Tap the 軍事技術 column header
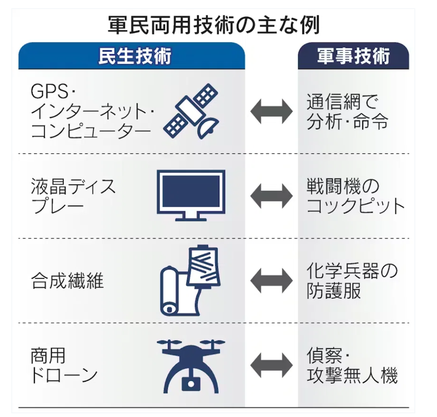[x=353, y=56]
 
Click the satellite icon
[x=191, y=111]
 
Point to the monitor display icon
[x=191, y=195]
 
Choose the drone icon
[x=191, y=366]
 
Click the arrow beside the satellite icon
[x=271, y=111]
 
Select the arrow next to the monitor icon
[x=271, y=196]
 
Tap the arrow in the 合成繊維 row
[x=271, y=281]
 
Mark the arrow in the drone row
[x=271, y=365]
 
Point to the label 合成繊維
[x=67, y=281]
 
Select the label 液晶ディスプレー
[x=73, y=196]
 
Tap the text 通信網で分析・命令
[x=347, y=111]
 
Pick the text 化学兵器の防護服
[x=351, y=281]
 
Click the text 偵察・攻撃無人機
[x=351, y=365]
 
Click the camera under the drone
[x=191, y=383]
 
